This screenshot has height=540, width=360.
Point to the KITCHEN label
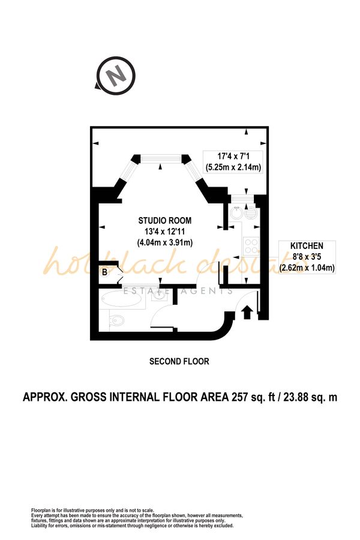coord(307,246)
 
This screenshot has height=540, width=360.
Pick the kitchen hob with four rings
coord(250,245)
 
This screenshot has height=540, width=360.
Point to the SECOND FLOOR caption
coord(179,361)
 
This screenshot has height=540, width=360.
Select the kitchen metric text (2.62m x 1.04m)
coord(307,268)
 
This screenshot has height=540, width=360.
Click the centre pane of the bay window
coord(161,158)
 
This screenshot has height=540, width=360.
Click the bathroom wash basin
coord(159,295)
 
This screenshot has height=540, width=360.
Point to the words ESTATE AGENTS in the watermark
coord(178,291)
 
